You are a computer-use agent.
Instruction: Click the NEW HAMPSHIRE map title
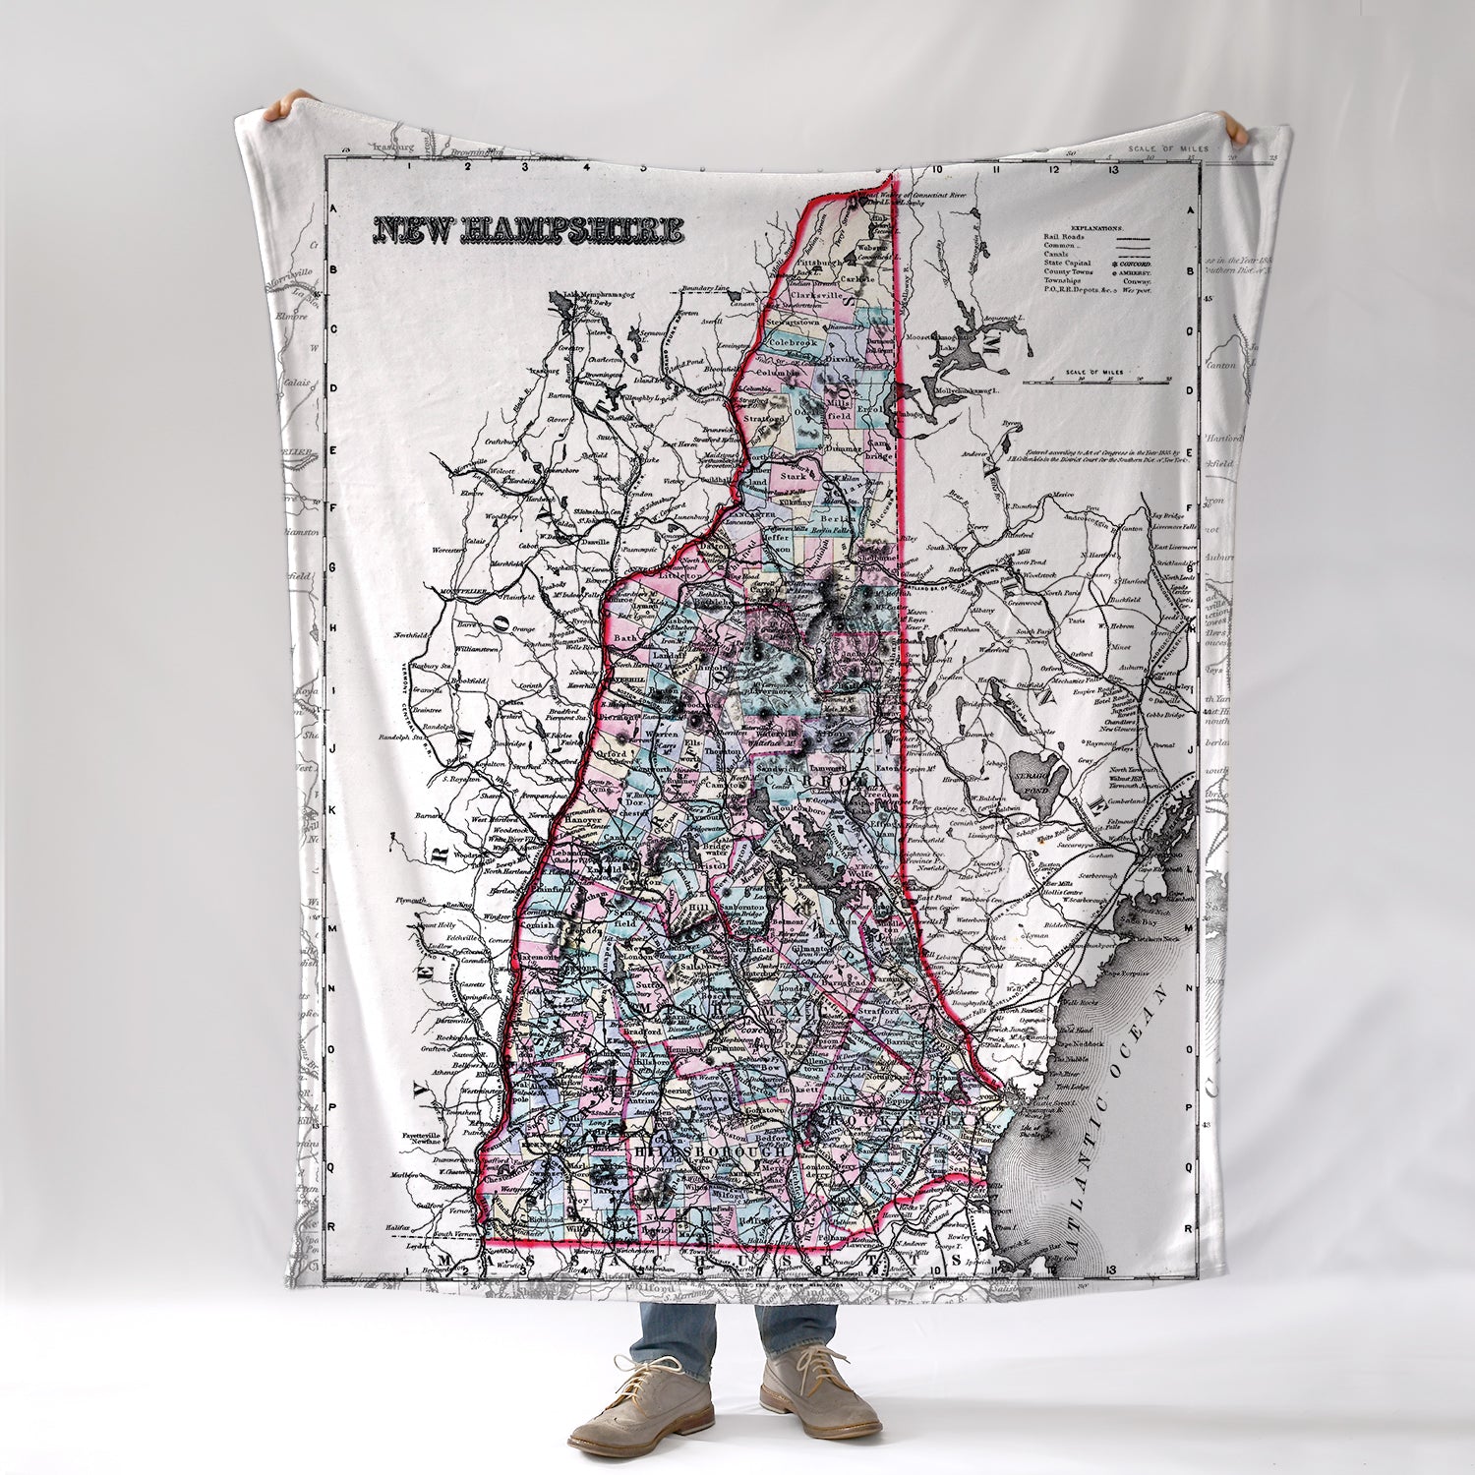(x=527, y=229)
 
